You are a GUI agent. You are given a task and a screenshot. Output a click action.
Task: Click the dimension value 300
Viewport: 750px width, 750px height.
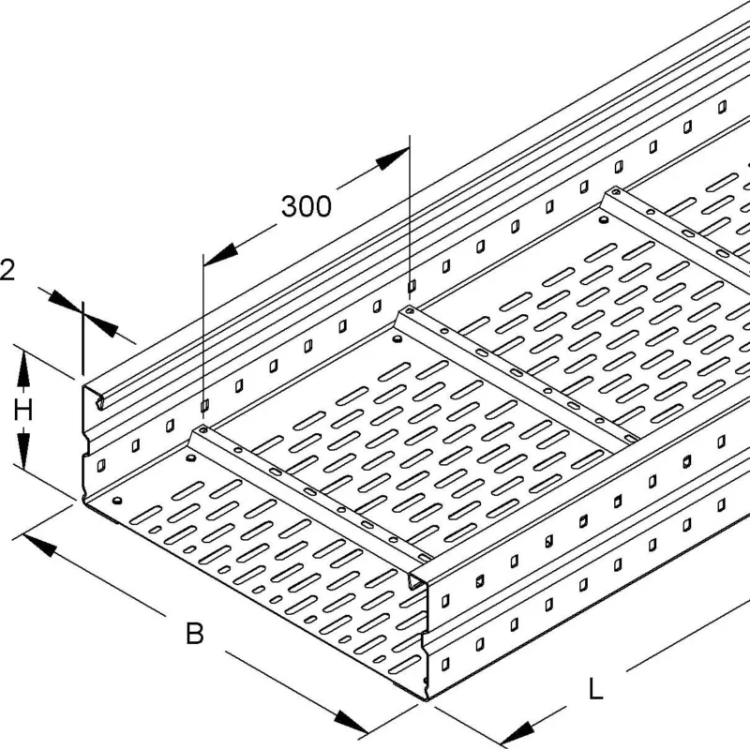(307, 206)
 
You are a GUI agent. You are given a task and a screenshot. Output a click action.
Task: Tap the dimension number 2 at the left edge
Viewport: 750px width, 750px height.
(7, 270)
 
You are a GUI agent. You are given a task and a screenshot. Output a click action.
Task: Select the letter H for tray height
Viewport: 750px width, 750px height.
(22, 411)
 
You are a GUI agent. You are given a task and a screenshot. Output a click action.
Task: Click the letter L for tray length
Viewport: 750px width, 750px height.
(595, 689)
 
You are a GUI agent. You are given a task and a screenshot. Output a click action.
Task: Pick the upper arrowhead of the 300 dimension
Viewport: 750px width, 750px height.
(392, 158)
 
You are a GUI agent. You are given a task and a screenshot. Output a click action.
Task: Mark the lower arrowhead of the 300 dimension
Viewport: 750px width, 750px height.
(220, 254)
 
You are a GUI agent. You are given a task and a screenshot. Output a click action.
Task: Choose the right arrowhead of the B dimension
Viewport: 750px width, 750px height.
(351, 721)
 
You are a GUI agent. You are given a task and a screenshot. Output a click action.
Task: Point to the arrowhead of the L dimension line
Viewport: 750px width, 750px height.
(517, 733)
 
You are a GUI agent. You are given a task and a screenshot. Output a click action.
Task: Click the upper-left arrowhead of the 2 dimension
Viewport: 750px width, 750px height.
(64, 300)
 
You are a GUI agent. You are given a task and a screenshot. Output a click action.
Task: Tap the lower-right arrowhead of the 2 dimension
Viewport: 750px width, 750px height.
(101, 326)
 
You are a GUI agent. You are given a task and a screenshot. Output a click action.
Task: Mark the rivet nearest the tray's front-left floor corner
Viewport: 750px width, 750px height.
(116, 501)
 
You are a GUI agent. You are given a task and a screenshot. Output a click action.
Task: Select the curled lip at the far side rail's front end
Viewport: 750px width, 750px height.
(99, 402)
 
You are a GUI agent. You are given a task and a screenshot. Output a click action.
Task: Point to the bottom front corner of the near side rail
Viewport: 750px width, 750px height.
(426, 699)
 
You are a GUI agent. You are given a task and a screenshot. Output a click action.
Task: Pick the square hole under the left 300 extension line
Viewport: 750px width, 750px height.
(204, 406)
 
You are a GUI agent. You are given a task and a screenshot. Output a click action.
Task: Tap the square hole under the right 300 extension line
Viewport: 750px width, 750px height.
(411, 286)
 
